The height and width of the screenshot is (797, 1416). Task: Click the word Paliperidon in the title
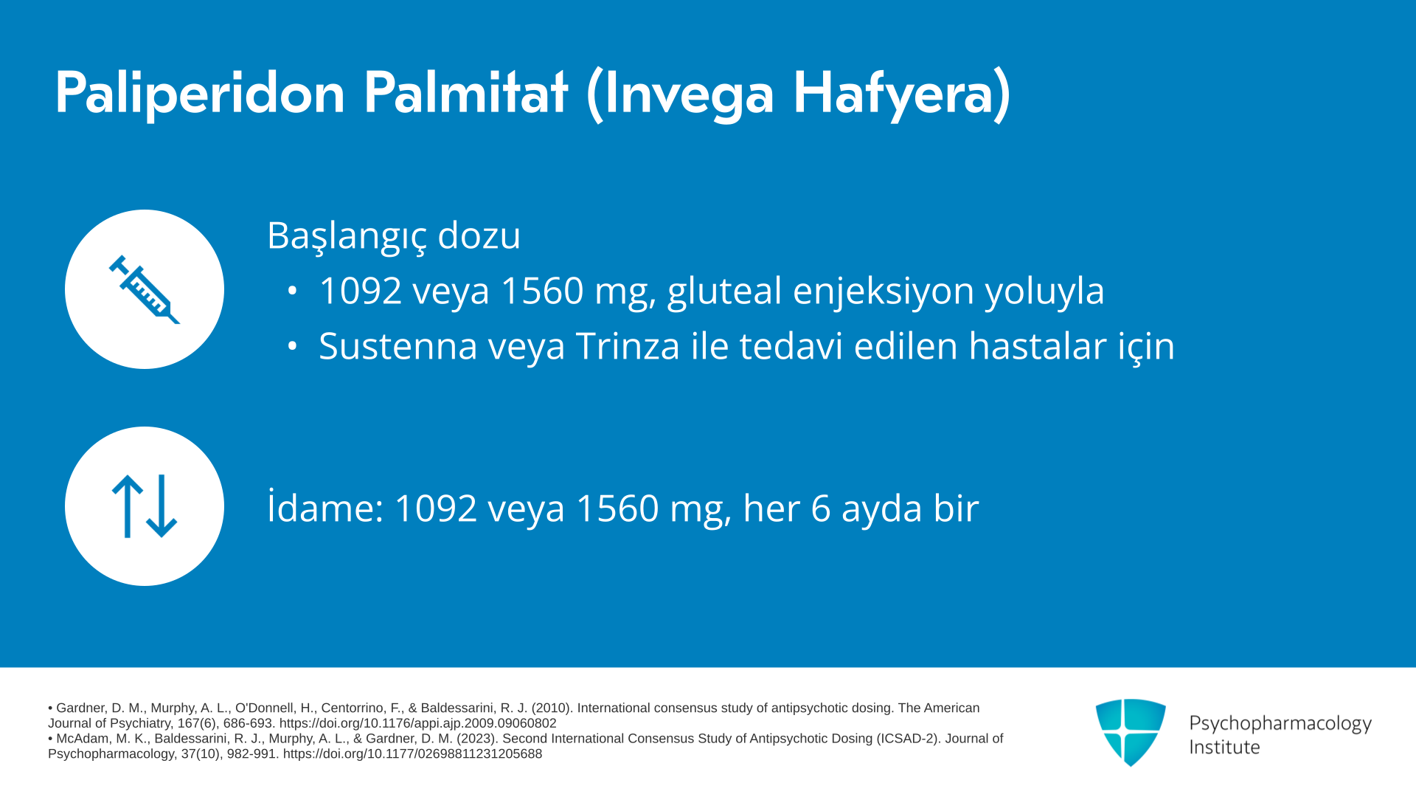click(x=200, y=94)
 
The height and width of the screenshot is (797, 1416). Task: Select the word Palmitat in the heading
click(x=465, y=92)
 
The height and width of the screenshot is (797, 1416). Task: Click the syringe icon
click(x=145, y=289)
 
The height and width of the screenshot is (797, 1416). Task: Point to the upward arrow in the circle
click(x=128, y=506)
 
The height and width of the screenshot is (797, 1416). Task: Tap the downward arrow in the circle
click(x=162, y=506)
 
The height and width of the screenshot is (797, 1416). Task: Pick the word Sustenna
click(x=398, y=346)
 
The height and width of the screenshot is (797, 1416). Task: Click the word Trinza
click(x=628, y=345)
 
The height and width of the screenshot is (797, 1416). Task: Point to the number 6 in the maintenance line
click(x=821, y=508)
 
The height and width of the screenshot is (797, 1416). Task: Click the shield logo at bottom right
click(x=1131, y=732)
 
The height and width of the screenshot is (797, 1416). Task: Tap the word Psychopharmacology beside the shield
click(x=1280, y=724)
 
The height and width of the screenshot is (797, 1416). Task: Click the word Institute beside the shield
click(x=1224, y=748)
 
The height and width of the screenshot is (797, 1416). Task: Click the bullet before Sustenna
click(x=293, y=346)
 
